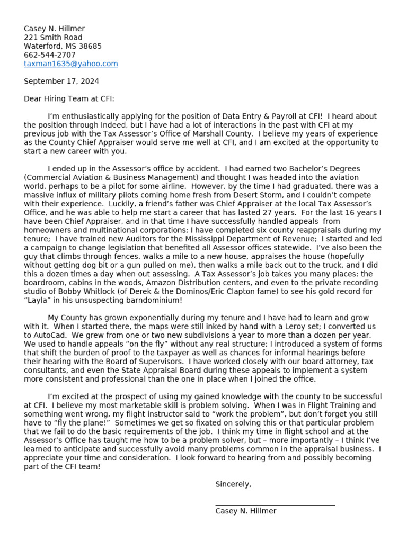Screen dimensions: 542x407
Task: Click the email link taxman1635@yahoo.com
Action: point(71,64)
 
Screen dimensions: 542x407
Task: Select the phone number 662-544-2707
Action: point(50,55)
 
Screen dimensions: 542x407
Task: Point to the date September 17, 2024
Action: point(61,82)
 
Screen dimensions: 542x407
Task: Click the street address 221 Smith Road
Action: point(53,38)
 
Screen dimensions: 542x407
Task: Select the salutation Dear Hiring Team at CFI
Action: point(69,99)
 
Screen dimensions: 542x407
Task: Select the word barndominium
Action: point(153,300)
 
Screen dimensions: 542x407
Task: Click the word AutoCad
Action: point(49,335)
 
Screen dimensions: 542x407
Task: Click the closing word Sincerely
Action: point(233,484)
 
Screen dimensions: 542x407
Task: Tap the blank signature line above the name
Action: point(275,505)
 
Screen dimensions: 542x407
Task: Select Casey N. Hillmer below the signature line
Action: point(246,511)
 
